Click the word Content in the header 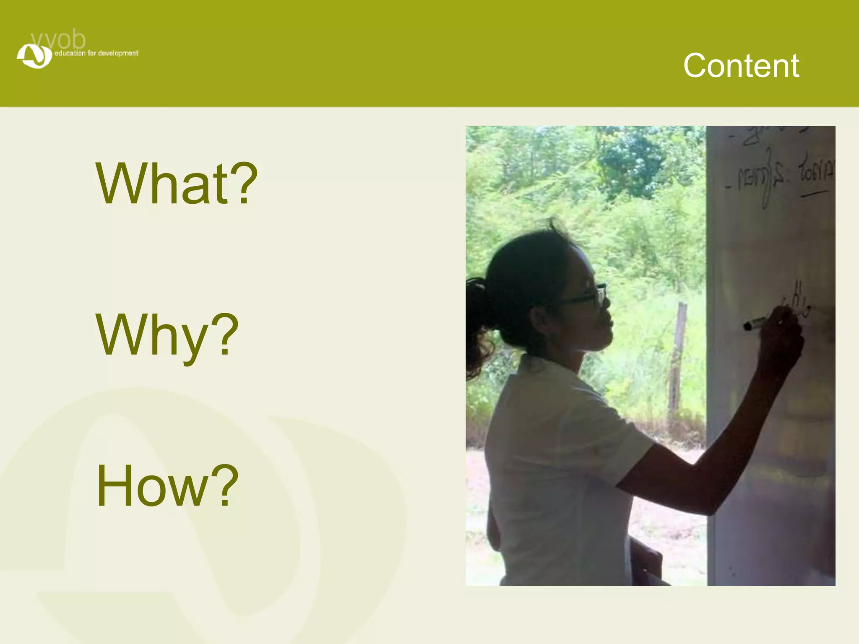pyautogui.click(x=741, y=66)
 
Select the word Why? pyautogui.click(x=167, y=335)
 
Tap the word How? pyautogui.click(x=167, y=486)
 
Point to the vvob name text pyautogui.click(x=59, y=40)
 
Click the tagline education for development pyautogui.click(x=96, y=53)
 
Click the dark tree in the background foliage pyautogui.click(x=633, y=164)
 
